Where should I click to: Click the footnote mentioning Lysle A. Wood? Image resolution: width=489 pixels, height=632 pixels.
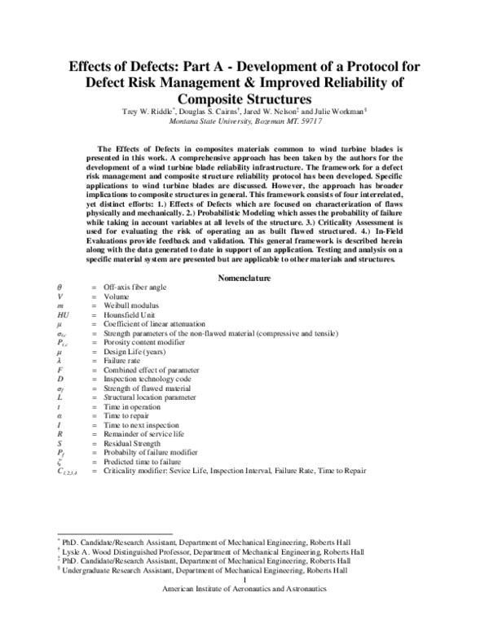(212, 551)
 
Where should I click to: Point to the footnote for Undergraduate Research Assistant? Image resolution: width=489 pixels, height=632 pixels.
(212, 571)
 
